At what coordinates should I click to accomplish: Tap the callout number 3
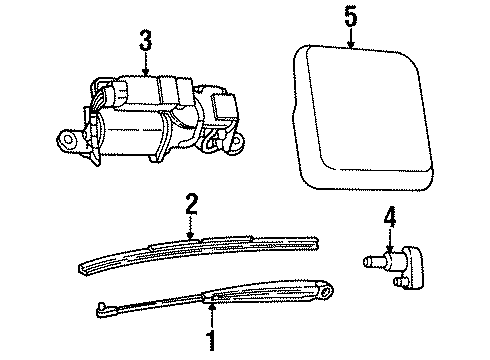(x=146, y=42)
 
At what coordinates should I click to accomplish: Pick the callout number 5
(x=350, y=17)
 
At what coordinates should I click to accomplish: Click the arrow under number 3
(x=146, y=66)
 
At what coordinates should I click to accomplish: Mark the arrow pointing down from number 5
(x=350, y=40)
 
